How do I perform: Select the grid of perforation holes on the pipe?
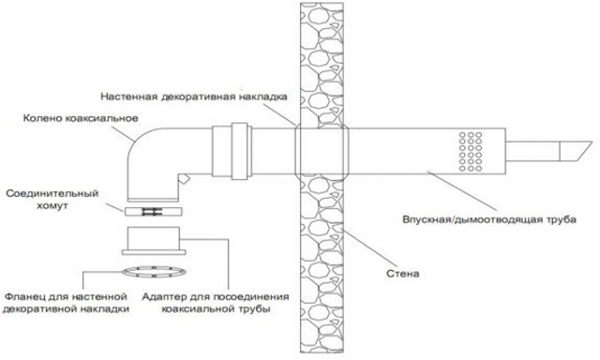tap(472, 147)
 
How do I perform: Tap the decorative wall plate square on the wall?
tap(321, 148)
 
